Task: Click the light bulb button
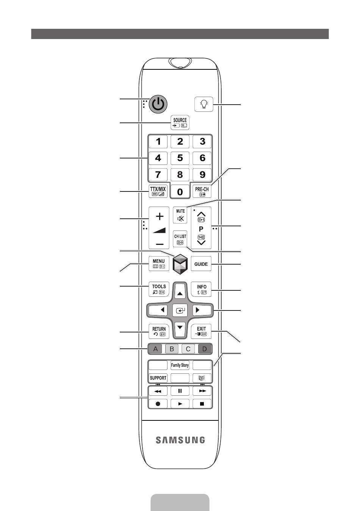pos(203,104)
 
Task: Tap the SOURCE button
pos(180,122)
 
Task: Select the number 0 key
pos(180,191)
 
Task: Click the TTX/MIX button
pos(158,191)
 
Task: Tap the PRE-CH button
pos(202,191)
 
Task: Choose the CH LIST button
pos(180,238)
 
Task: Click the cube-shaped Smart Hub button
pos(180,264)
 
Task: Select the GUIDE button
pos(201,264)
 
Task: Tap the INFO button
pos(201,289)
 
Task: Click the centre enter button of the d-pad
pos(180,310)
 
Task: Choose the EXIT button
pos(201,331)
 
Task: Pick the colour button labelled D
pos(205,349)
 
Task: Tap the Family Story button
pos(180,365)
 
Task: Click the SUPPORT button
pos(158,378)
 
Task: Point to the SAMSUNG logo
pos(180,440)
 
